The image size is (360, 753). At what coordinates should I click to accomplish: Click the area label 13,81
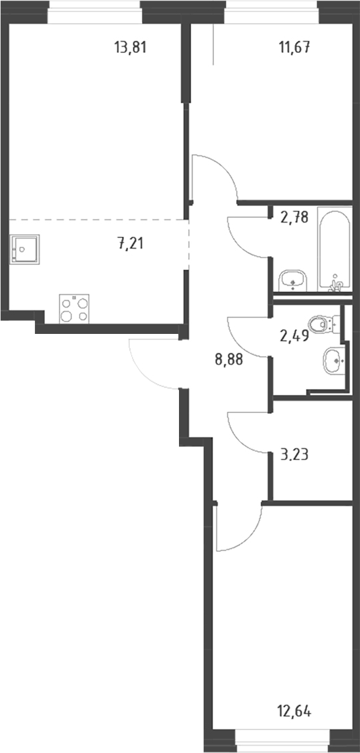pyautogui.click(x=130, y=48)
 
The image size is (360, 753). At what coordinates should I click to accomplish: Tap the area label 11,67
pyautogui.click(x=294, y=48)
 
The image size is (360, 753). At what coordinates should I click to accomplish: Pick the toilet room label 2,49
pyautogui.click(x=293, y=335)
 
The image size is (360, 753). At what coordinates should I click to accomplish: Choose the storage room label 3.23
pyautogui.click(x=293, y=454)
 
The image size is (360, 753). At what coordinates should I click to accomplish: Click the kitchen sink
pyautogui.click(x=23, y=249)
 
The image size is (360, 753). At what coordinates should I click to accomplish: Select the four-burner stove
pyautogui.click(x=74, y=309)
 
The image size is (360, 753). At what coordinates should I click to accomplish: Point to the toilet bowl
pyautogui.click(x=322, y=324)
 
